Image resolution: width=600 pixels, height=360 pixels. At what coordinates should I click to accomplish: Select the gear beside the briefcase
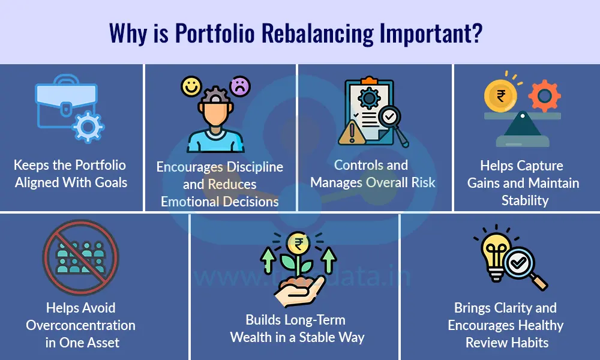(x=87, y=126)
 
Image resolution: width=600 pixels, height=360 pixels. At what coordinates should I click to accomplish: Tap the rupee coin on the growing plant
(x=298, y=244)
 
